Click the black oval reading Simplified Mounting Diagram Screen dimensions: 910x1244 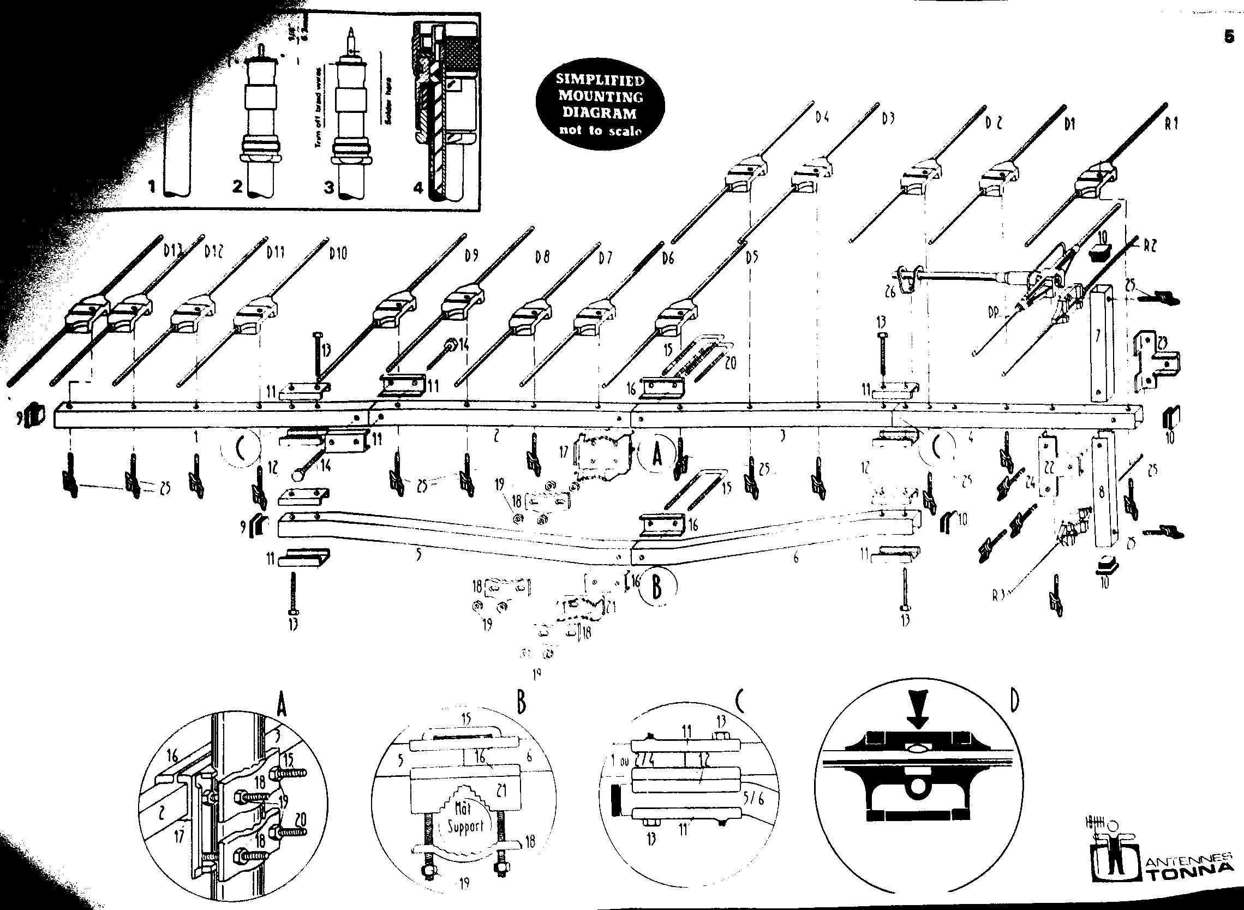pyautogui.click(x=601, y=105)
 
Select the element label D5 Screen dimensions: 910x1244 pyautogui.click(x=751, y=258)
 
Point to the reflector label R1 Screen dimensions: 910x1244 pyautogui.click(x=1171, y=124)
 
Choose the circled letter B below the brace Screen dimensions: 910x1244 pyautogui.click(x=657, y=587)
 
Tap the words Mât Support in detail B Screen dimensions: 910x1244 pyautogui.click(x=464, y=817)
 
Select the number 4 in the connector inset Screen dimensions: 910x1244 pyautogui.click(x=418, y=188)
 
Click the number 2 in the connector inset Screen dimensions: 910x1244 pyautogui.click(x=237, y=187)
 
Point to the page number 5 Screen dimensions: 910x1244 pyautogui.click(x=1229, y=38)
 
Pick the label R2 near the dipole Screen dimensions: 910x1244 pyautogui.click(x=1150, y=247)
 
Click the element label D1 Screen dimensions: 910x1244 pyautogui.click(x=1069, y=125)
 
